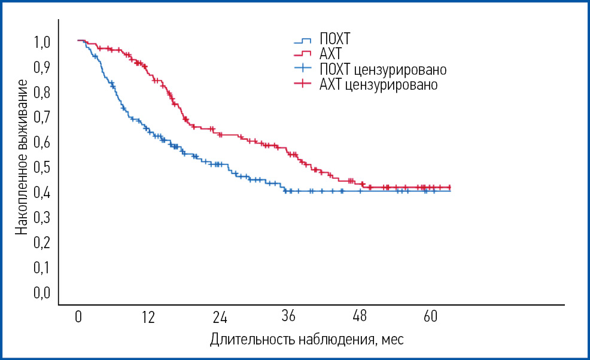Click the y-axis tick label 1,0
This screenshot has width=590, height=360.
point(42,42)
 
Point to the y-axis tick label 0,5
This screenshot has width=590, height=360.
point(42,167)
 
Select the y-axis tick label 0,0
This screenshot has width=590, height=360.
point(42,293)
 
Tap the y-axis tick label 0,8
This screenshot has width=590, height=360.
point(42,93)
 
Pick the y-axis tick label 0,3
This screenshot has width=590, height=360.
point(42,218)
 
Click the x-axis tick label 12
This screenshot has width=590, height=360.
point(148,317)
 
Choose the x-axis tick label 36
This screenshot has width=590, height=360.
point(290,317)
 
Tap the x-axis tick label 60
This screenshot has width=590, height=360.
point(430,317)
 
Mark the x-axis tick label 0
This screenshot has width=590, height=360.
point(78,317)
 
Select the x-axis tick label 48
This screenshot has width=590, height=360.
point(360,317)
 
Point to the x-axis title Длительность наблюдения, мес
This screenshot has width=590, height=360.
point(306,340)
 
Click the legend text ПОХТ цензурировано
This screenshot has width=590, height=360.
point(383,69)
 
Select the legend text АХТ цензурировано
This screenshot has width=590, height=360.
point(378,84)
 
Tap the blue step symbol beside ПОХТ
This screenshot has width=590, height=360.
point(303,41)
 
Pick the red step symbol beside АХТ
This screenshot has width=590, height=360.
point(303,54)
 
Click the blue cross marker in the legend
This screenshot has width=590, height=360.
point(303,69)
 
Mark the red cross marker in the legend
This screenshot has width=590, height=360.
point(303,84)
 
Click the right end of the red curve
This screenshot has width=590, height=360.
point(450,187)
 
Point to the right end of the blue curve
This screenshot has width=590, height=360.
point(450,191)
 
